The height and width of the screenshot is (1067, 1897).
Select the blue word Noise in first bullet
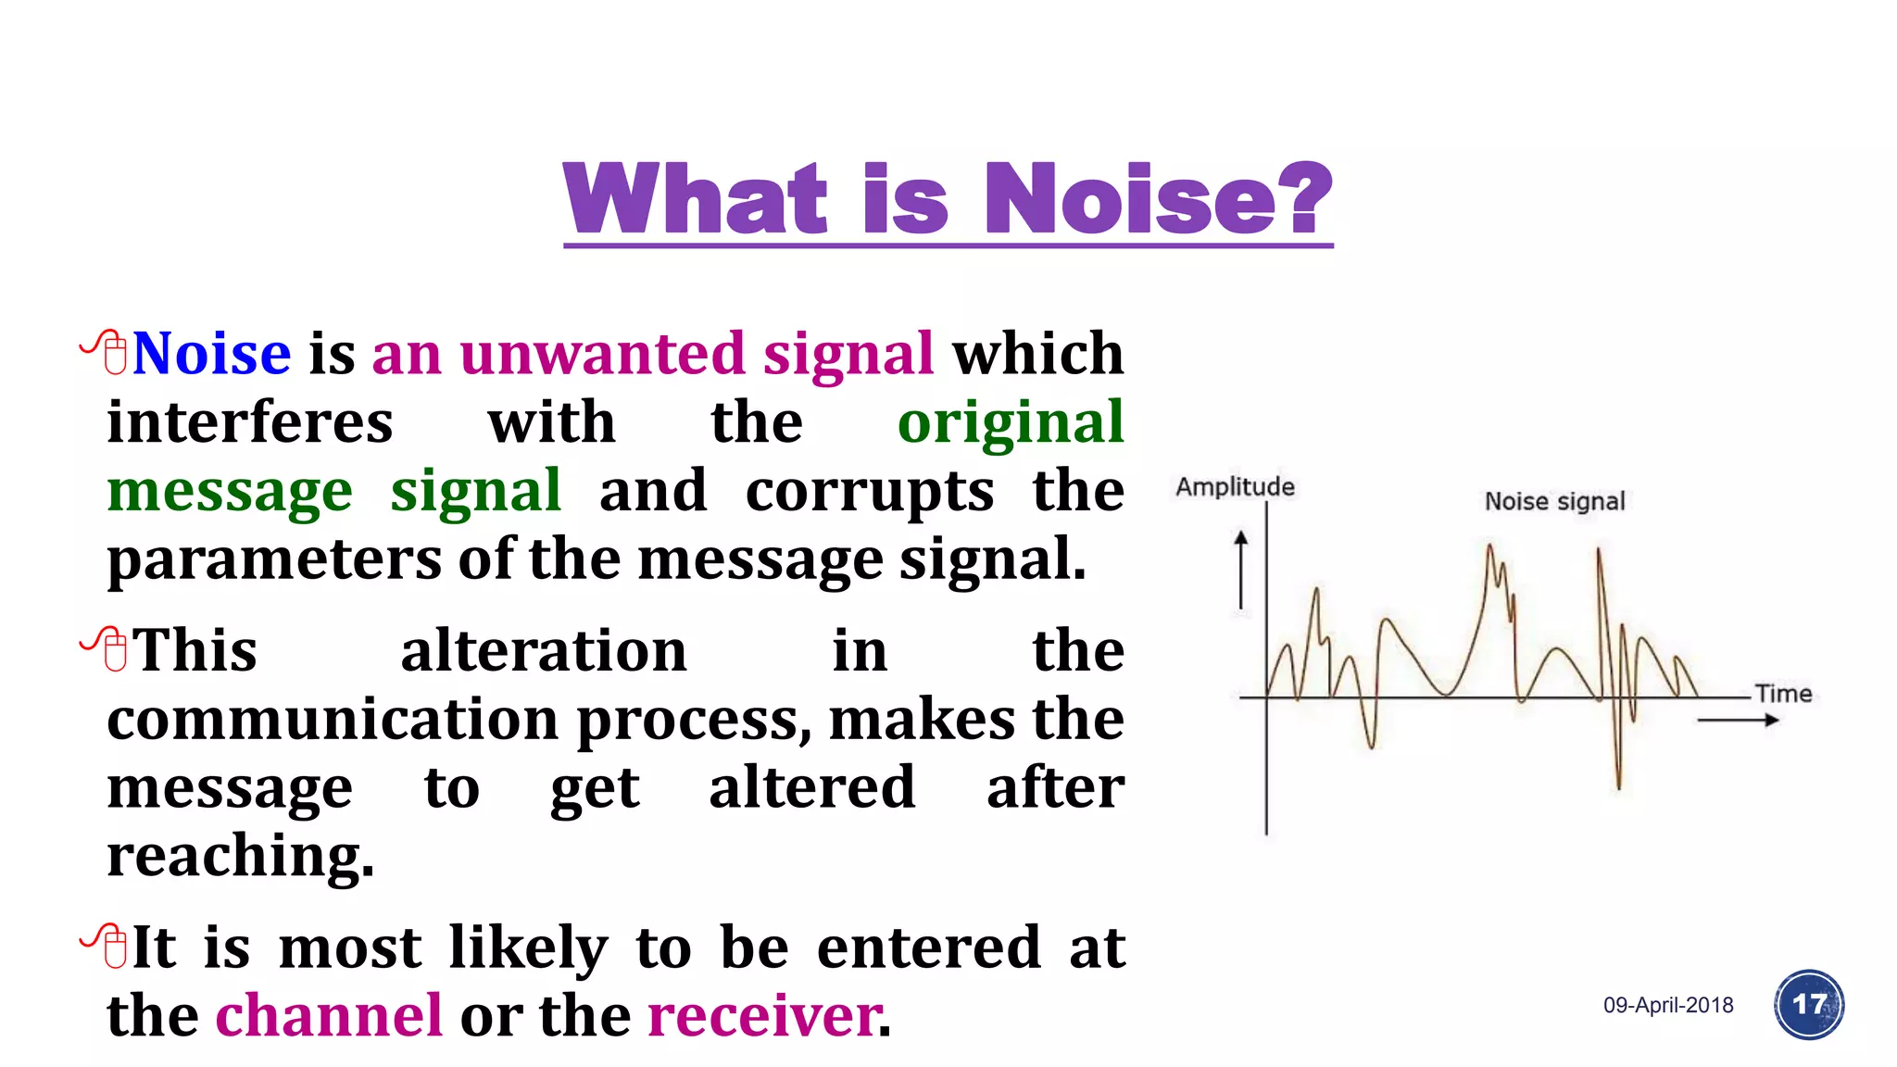click(x=211, y=354)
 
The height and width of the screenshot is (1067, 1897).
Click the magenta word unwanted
click(x=602, y=354)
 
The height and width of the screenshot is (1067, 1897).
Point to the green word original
click(x=1011, y=424)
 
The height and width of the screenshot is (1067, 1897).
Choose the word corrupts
click(x=869, y=491)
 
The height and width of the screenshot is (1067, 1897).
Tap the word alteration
click(x=544, y=650)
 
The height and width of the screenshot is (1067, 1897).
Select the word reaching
click(x=240, y=856)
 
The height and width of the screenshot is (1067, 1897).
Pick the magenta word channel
click(x=329, y=1016)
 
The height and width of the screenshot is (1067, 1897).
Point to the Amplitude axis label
click(x=1235, y=487)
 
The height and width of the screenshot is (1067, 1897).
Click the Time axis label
click(x=1783, y=694)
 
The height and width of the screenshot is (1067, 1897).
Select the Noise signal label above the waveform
click(x=1554, y=502)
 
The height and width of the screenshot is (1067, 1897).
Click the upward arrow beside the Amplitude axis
click(x=1241, y=570)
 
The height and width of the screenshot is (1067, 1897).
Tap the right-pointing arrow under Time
click(x=1738, y=721)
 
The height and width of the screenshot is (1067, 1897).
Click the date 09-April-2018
click(x=1668, y=1006)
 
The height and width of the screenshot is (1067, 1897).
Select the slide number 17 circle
click(x=1809, y=1005)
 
